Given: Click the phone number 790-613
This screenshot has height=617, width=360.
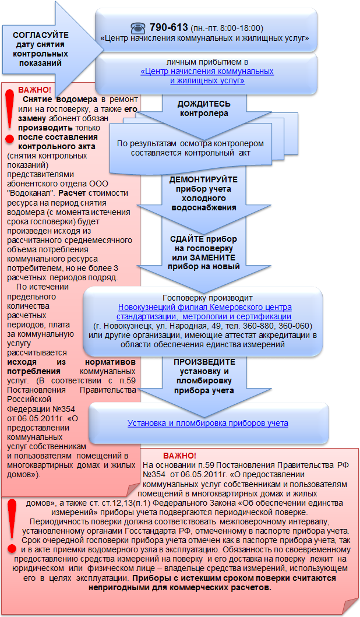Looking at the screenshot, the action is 169,27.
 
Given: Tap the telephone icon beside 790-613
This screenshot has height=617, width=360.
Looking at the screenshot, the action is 138,28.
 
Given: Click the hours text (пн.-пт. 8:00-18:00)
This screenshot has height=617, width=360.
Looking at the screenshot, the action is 227,29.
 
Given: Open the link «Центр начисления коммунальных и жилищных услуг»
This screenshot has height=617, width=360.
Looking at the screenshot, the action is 207,76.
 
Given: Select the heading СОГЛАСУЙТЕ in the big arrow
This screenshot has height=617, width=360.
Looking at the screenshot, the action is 41,35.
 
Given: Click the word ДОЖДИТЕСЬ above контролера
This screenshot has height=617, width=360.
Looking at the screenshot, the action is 204,104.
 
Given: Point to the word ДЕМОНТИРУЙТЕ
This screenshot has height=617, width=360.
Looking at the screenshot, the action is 203,179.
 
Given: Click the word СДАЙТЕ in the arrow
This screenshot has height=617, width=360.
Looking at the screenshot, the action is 186,239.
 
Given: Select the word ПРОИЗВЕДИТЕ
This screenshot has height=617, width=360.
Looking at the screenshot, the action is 204,362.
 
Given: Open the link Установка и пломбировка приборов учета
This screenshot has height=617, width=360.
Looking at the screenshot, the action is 208,424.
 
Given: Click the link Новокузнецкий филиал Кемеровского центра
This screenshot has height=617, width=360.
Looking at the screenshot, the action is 205,307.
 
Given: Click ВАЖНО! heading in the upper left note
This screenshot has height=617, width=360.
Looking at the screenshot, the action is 34,90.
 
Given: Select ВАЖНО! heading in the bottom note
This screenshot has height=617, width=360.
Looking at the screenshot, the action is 179,456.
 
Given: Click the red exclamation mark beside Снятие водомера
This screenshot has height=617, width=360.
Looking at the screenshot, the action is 9,115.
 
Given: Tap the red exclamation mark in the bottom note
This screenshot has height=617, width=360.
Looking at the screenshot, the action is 12,526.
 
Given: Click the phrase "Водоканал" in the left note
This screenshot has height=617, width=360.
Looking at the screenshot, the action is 32,193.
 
